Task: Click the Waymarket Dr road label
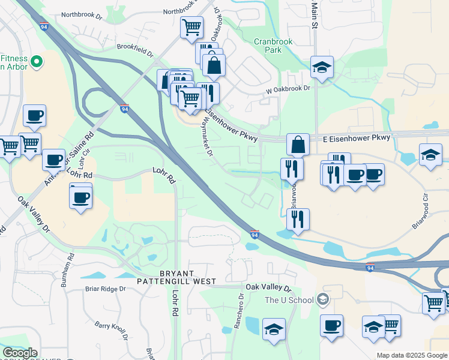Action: (x=208, y=136)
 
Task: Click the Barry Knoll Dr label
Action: (x=111, y=331)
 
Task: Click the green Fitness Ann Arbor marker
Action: (x=36, y=61)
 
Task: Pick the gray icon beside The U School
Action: (x=323, y=299)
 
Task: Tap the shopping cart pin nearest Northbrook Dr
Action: (x=191, y=26)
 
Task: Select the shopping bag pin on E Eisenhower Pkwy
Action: (x=298, y=144)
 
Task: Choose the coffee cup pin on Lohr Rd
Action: (x=80, y=196)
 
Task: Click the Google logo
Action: (x=20, y=353)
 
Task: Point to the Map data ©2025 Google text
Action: (x=411, y=355)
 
